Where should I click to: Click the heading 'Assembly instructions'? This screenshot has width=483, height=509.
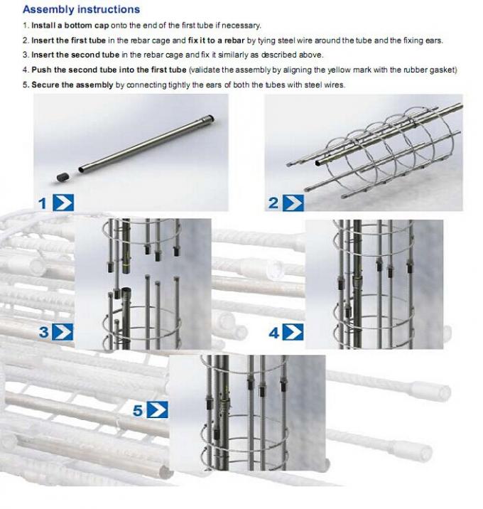81,10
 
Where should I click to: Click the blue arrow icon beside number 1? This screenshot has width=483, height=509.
63,203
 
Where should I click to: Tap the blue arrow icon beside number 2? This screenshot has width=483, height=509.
293,203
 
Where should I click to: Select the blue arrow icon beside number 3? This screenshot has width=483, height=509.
63,331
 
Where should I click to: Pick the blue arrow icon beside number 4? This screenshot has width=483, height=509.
293,331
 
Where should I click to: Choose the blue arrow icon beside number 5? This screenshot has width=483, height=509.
157,409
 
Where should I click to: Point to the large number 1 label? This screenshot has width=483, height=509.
42,203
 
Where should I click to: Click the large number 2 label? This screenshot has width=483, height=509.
273,203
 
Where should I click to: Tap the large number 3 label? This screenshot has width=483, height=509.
43,331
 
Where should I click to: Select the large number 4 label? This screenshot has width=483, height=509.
273,331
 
